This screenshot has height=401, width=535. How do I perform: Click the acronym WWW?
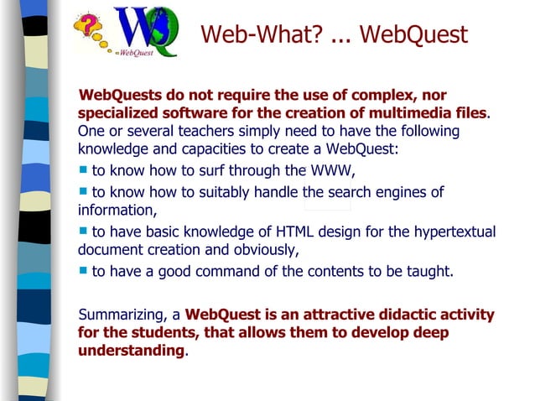tap(333, 173)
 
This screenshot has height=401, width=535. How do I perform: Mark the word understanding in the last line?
tap(130, 351)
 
